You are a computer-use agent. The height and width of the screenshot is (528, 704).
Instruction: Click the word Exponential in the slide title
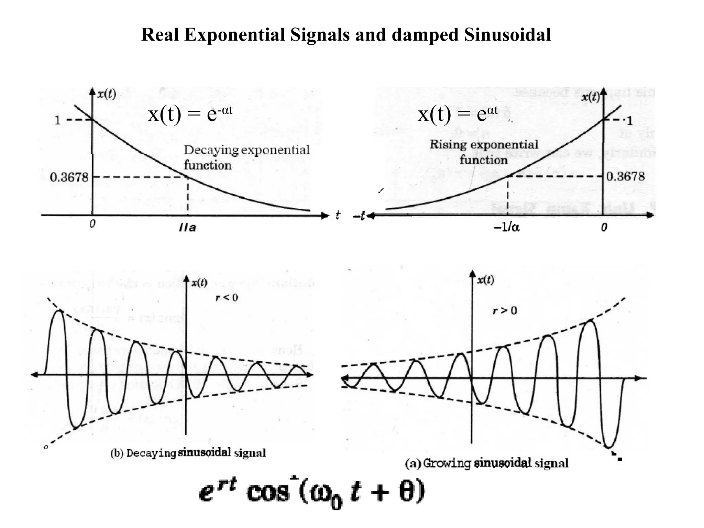point(234,35)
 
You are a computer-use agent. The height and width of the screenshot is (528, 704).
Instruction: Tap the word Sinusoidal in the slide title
point(507,35)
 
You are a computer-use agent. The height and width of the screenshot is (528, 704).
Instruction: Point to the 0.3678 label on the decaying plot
point(69,177)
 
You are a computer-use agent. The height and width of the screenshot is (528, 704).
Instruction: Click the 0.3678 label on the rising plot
point(625,177)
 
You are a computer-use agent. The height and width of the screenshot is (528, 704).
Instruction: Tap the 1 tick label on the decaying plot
point(57,120)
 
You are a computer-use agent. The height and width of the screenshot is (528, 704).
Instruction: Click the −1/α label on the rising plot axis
point(507,227)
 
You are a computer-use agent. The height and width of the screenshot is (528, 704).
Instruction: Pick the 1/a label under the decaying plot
point(188,228)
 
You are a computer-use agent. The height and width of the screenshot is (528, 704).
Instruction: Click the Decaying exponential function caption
point(246,157)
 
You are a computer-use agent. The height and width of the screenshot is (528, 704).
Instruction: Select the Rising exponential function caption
point(484,152)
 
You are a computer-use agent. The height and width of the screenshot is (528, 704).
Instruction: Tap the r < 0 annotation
point(227,297)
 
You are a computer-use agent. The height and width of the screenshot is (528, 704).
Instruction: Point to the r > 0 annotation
point(505,311)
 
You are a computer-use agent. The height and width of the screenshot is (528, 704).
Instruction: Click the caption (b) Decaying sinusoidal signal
point(188,453)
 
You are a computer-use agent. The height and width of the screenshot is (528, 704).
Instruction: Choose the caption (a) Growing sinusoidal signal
point(487,463)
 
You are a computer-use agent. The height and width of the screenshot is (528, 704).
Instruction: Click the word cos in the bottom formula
point(268,493)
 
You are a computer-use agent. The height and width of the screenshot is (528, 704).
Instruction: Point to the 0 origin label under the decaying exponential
point(92,224)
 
